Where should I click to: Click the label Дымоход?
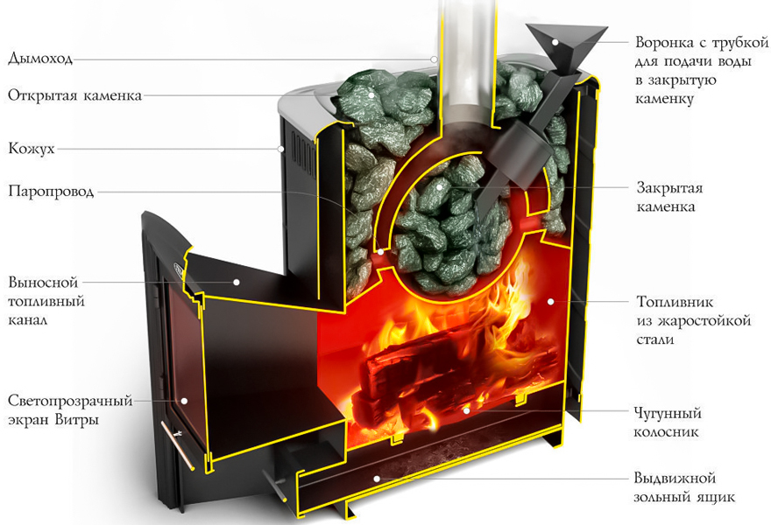pyautogui.click(x=40, y=59)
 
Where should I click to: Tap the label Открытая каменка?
pyautogui.click(x=74, y=95)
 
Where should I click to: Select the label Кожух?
pyautogui.click(x=32, y=149)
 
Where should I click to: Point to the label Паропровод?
pyautogui.click(x=51, y=191)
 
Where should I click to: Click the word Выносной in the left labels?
pyautogui.click(x=43, y=283)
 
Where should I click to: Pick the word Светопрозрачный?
pyautogui.click(x=70, y=402)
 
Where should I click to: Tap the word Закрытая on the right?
pyautogui.click(x=669, y=187)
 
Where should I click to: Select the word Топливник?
pyautogui.click(x=675, y=301)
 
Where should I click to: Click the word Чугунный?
pyautogui.click(x=668, y=414)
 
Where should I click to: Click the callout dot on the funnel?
pyautogui.click(x=555, y=42)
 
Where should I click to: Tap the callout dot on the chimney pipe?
pyautogui.click(x=435, y=59)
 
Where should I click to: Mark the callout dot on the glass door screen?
pyautogui.click(x=184, y=401)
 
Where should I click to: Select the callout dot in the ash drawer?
pyautogui.click(x=377, y=479)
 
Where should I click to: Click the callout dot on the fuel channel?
pyautogui.click(x=237, y=283)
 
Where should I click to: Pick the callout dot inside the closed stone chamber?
pyautogui.click(x=439, y=186)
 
